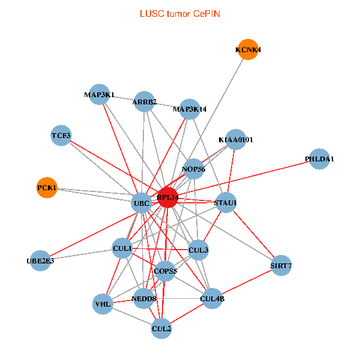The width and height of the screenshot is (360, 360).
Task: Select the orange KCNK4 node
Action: tap(248, 50)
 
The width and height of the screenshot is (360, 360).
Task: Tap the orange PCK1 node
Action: tap(47, 188)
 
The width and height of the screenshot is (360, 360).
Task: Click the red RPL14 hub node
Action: tap(167, 197)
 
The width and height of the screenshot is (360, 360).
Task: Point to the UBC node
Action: tap(142, 203)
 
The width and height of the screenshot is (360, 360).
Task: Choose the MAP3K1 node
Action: tap(100, 94)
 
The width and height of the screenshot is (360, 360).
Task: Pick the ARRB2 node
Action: tap(145, 101)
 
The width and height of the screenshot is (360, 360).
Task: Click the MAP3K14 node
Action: tap(190, 109)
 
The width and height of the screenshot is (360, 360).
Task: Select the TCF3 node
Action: tap(61, 135)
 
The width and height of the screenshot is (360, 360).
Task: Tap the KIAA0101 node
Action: tap(236, 140)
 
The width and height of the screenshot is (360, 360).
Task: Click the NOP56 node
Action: tap(194, 169)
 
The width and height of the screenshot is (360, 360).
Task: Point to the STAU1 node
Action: tap(226, 202)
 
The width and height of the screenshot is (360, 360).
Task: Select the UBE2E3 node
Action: tap(40, 260)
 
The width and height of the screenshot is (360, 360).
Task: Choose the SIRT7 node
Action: tap(281, 265)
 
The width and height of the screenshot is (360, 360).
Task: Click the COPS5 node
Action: tap(165, 271)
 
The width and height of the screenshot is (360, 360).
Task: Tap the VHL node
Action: tap(103, 304)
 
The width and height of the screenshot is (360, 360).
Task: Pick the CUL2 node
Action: tap(161, 328)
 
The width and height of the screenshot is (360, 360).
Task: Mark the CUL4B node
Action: tap(212, 298)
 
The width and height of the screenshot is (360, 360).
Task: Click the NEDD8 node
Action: tap(143, 298)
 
